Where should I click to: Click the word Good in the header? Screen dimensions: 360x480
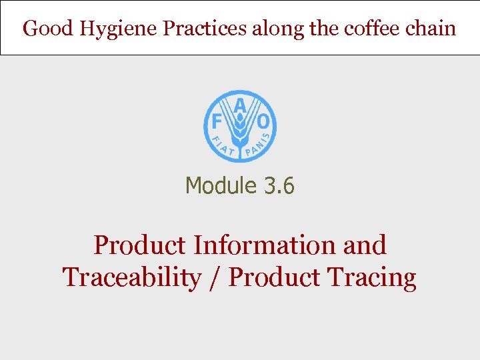coord(47,29)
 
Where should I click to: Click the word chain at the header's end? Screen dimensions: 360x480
coord(432,29)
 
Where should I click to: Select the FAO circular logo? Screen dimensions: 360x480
coord(239,127)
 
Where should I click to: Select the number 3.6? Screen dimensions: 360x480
coord(279,185)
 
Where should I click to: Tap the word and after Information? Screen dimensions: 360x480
coord(364,245)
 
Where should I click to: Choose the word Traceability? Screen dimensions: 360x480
coord(131,277)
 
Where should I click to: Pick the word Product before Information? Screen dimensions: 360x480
coord(139,245)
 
